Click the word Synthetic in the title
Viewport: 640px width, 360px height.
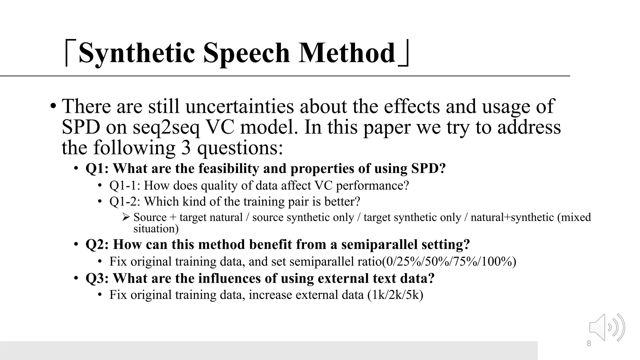click(x=137, y=53)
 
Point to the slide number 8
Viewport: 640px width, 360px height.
click(x=589, y=344)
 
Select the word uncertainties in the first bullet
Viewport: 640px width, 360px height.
click(x=240, y=106)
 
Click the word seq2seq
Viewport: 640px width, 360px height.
click(x=166, y=127)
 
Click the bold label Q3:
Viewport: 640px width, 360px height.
click(x=97, y=278)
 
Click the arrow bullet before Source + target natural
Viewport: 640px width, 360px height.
click(x=126, y=217)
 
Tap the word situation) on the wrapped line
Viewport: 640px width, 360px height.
click(x=156, y=229)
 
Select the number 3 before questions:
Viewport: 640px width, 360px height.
click(x=186, y=148)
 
